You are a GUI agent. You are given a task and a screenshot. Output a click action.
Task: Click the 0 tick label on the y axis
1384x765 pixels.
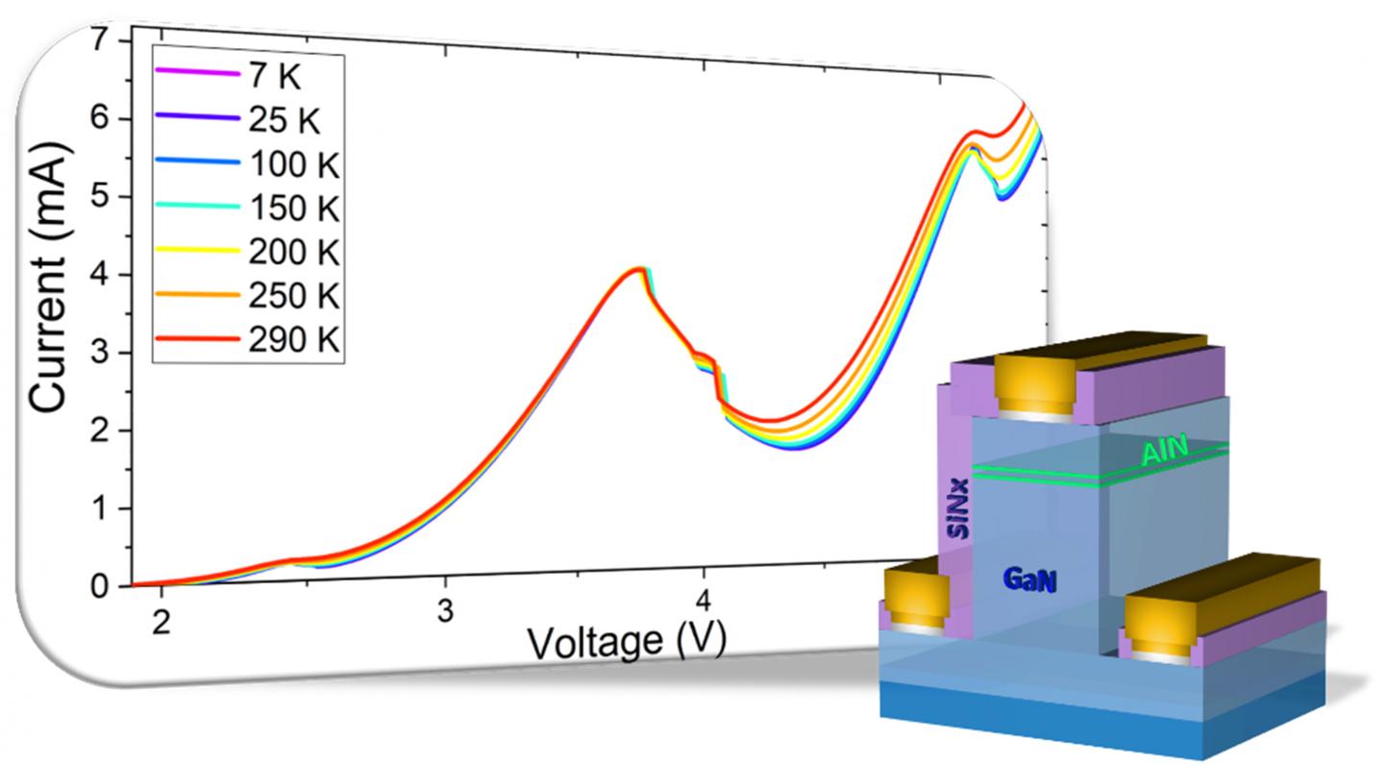coord(100,586)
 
